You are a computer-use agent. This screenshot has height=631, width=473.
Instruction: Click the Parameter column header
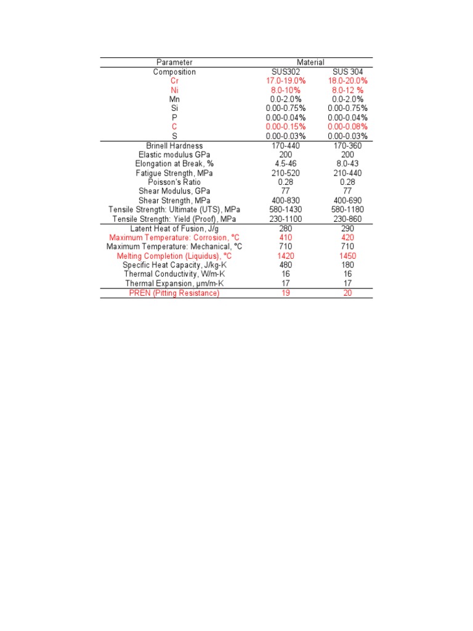(x=174, y=62)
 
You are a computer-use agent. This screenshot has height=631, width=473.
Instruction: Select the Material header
(x=310, y=62)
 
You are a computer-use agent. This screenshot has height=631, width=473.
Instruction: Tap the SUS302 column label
(x=286, y=71)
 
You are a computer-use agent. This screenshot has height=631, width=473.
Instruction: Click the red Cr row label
(x=174, y=81)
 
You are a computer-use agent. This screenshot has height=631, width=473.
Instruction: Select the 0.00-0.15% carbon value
(x=286, y=126)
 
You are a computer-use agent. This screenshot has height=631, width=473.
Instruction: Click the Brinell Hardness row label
(x=174, y=145)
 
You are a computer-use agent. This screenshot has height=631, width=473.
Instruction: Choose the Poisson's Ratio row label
(x=174, y=182)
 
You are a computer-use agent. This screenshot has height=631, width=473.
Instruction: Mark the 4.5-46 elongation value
(x=286, y=164)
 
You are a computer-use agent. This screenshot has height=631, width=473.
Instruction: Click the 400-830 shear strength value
(x=286, y=201)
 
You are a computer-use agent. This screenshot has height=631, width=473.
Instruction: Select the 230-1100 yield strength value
(x=286, y=219)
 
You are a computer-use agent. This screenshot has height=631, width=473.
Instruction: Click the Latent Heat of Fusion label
(x=174, y=229)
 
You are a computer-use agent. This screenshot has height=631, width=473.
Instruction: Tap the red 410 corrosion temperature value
(x=286, y=237)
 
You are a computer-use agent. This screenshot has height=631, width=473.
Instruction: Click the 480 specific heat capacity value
(x=286, y=265)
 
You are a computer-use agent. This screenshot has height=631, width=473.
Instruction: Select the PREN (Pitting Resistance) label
(x=174, y=293)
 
